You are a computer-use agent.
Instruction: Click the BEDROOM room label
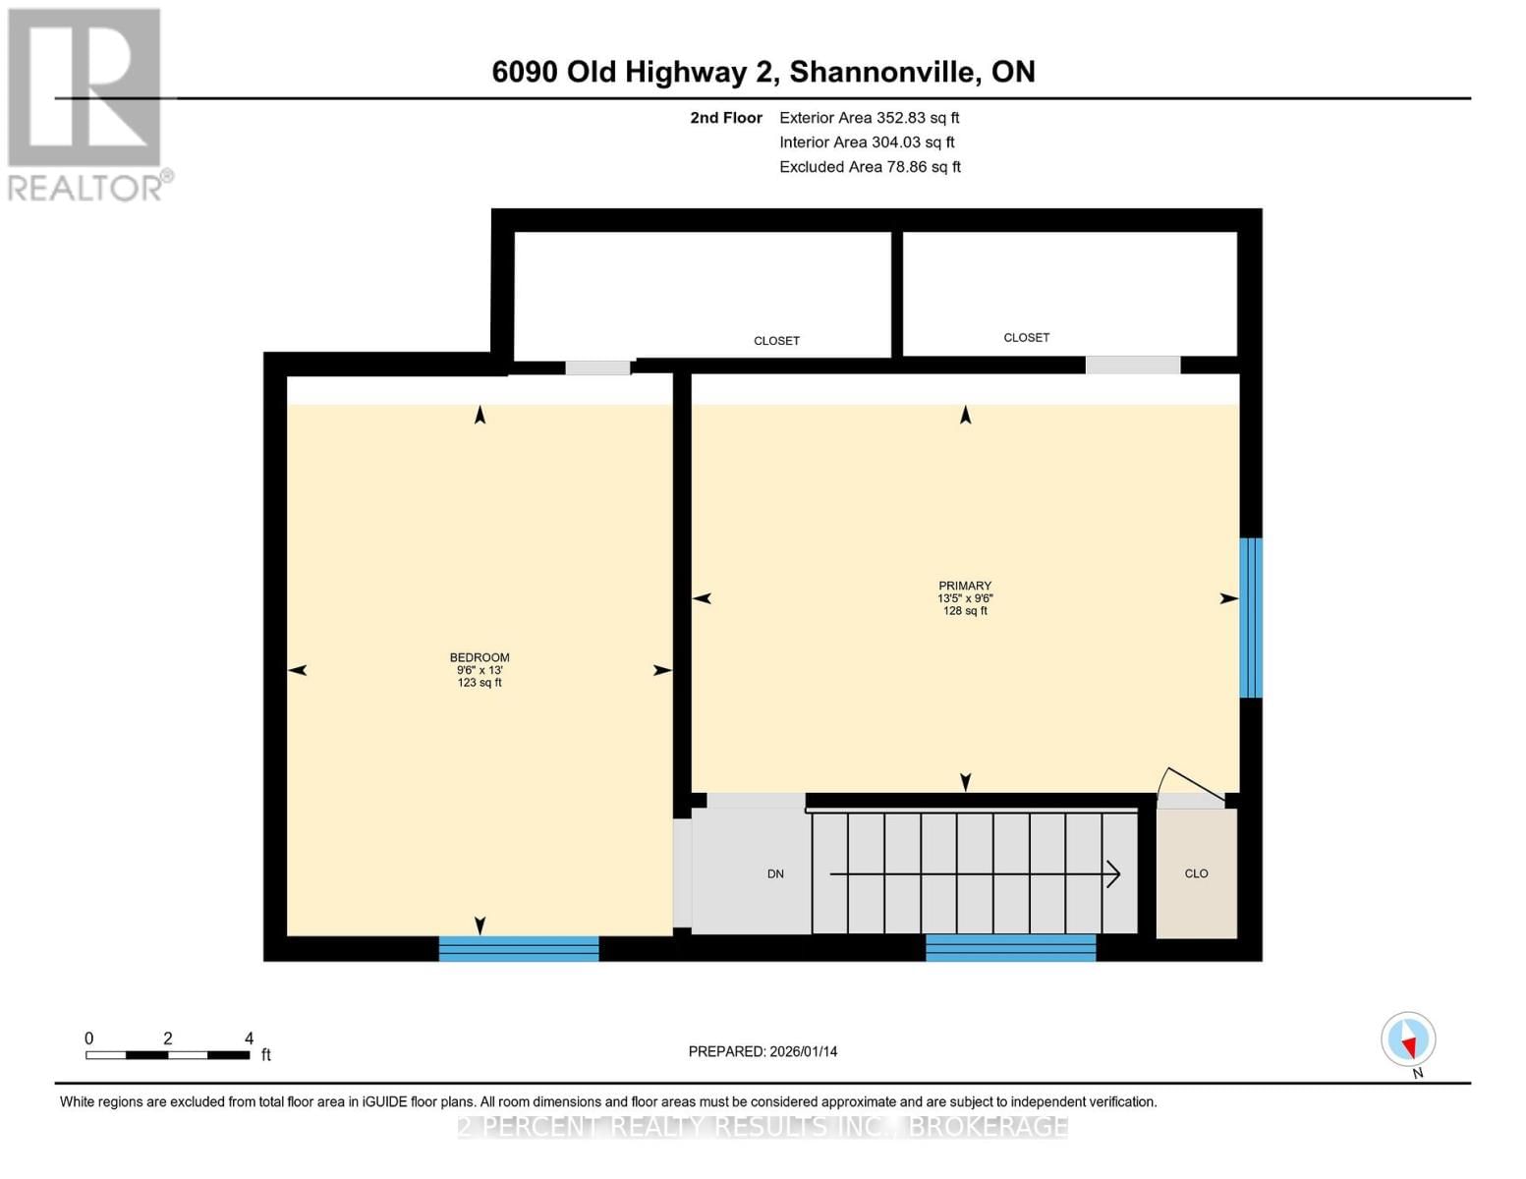click(480, 657)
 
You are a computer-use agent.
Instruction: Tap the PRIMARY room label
click(965, 586)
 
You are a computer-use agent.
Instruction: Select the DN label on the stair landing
click(775, 874)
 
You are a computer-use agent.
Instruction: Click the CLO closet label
click(1196, 873)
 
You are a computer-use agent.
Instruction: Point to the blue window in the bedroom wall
click(519, 948)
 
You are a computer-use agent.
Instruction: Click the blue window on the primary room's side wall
click(1251, 617)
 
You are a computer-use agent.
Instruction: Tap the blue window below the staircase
click(1010, 947)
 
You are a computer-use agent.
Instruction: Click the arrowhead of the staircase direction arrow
click(1114, 874)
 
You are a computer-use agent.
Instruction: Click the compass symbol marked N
click(1408, 1039)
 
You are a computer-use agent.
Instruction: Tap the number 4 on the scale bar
click(249, 1038)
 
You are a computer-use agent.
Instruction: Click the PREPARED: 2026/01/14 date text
click(763, 1051)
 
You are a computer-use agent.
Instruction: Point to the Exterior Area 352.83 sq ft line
click(869, 118)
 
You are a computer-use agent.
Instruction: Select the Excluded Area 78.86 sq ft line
click(870, 167)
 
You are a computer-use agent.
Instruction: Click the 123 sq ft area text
click(480, 683)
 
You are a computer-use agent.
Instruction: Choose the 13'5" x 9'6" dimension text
click(965, 598)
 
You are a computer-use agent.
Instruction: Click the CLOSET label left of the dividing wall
click(776, 341)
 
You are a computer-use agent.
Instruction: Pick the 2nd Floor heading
click(726, 118)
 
